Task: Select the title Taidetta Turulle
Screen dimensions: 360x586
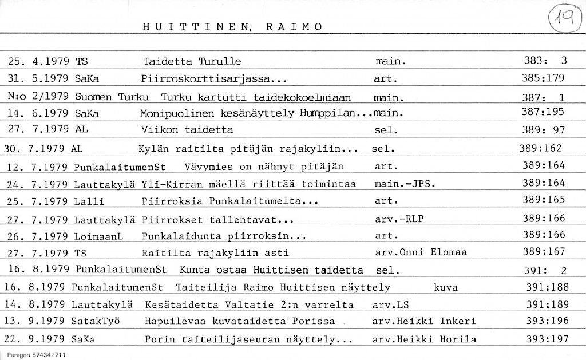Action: (192, 61)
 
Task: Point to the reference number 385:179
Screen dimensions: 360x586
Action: (543, 78)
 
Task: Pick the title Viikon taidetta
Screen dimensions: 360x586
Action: (187, 130)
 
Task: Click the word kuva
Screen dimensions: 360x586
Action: (446, 287)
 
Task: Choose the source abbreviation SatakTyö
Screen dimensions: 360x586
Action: (97, 321)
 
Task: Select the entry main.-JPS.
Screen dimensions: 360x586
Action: (405, 183)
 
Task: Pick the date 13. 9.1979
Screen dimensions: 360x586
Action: (35, 321)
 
